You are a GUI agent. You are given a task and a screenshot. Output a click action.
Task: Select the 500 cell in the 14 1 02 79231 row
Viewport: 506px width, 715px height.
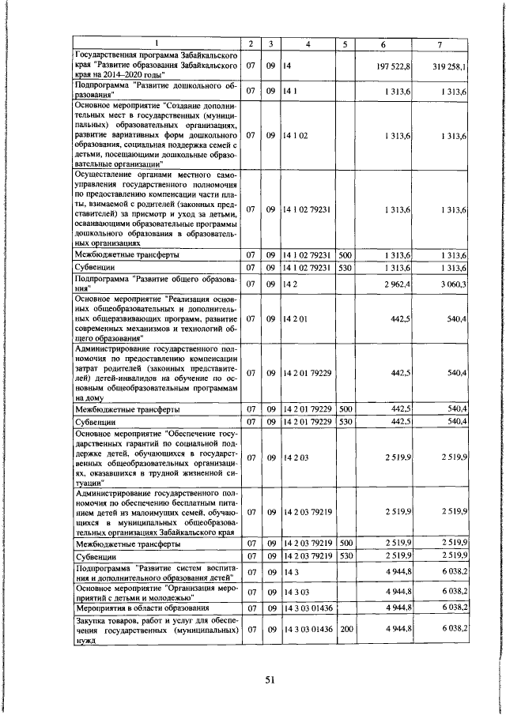point(345,255)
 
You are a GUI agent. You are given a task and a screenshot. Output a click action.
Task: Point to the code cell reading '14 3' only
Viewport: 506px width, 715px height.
point(289,571)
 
